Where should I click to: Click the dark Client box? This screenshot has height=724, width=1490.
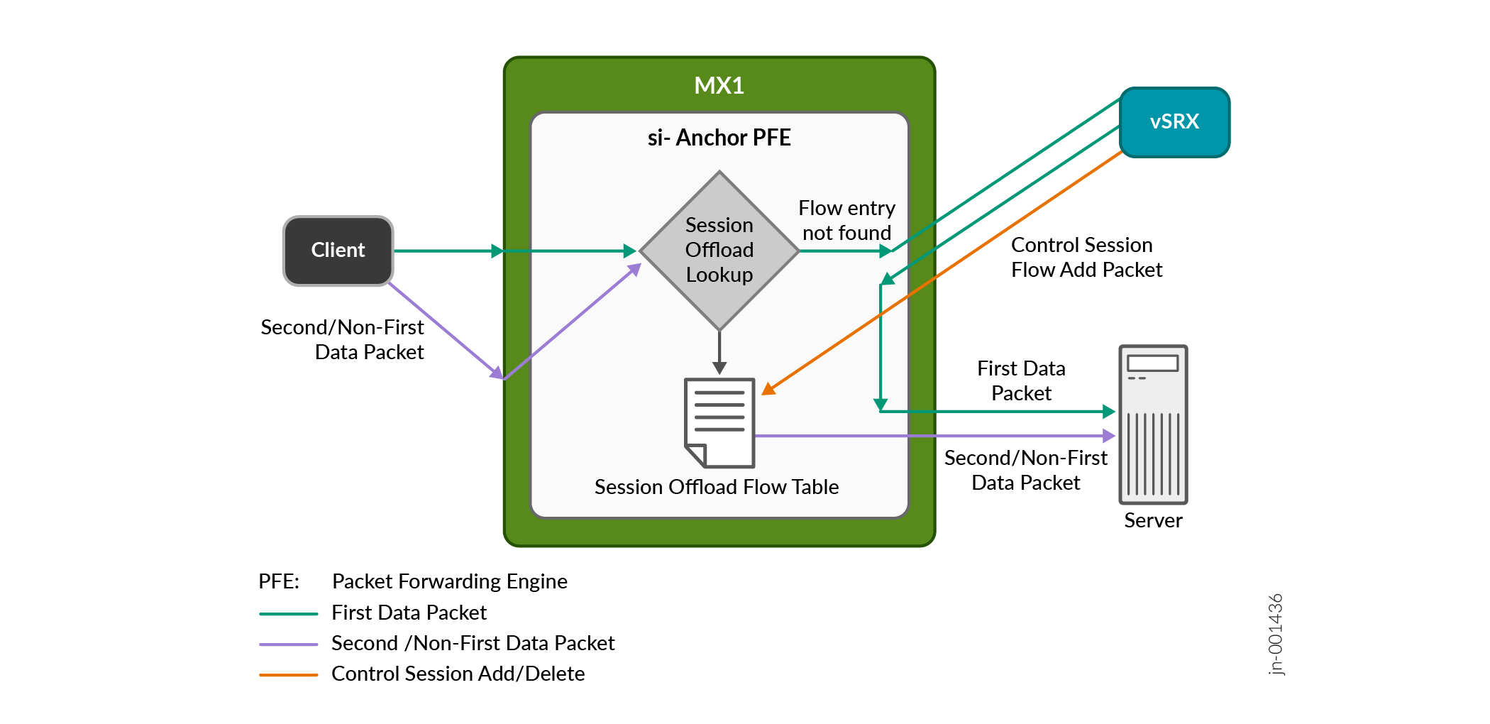(338, 251)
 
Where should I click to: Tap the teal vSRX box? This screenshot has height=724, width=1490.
(1174, 122)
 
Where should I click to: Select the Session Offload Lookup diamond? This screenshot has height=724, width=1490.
(719, 250)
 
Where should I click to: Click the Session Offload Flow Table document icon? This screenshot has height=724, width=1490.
(719, 422)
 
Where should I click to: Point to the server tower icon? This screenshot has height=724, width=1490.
(1153, 424)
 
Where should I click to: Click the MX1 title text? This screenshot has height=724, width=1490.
(719, 86)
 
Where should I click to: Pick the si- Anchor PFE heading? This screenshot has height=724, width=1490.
(719, 138)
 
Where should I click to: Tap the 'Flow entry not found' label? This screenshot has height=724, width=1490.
(846, 221)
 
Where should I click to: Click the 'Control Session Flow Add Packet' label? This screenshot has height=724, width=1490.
(1086, 257)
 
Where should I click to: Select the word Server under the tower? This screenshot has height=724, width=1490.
(1153, 521)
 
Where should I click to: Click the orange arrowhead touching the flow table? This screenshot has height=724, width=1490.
(768, 388)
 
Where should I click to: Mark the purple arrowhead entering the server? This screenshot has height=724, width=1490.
(1109, 436)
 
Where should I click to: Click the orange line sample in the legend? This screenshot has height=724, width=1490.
(288, 674)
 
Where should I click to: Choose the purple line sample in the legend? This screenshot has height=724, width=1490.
(288, 644)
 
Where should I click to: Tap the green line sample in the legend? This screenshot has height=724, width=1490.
(288, 613)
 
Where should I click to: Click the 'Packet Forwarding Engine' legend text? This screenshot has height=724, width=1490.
(449, 582)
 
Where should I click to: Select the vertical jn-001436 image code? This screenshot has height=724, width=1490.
(1276, 634)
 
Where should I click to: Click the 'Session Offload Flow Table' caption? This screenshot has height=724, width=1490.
(717, 487)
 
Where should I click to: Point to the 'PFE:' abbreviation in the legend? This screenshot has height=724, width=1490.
(279, 582)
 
